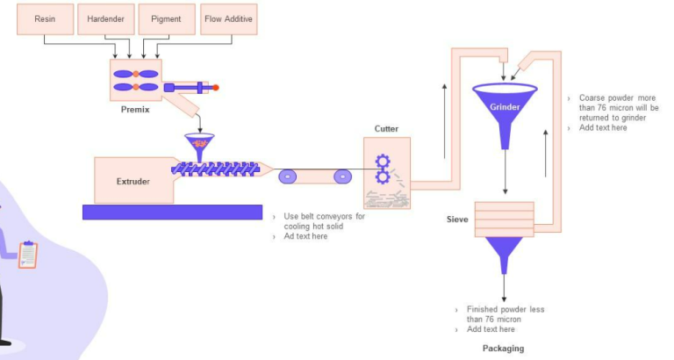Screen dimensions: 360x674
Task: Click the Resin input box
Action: point(44,18)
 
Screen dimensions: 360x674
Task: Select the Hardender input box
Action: point(104,18)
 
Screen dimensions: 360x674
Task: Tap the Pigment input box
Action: point(166,18)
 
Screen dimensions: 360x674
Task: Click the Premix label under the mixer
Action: point(136,110)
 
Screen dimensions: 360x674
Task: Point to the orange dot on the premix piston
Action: point(215,87)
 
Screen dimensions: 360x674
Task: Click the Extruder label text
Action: point(133,182)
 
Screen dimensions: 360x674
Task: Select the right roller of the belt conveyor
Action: point(341,176)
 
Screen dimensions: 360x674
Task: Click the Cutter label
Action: point(386,129)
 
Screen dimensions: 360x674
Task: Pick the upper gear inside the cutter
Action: point(383,162)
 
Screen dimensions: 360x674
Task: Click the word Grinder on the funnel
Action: point(505,107)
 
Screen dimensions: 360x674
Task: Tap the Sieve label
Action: point(457,220)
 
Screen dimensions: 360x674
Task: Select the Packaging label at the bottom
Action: point(504,349)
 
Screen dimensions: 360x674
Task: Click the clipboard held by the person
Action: point(28,255)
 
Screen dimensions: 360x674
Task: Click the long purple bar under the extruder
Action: point(172,212)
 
